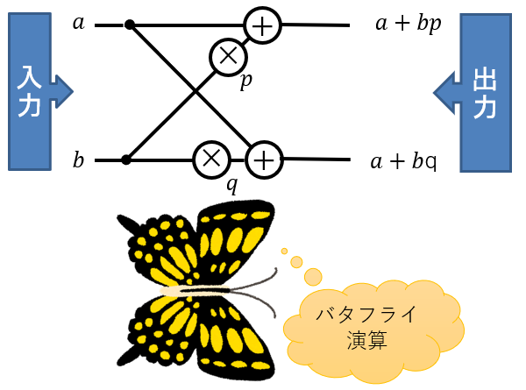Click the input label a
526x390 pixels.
point(79,23)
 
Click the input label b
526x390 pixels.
point(79,160)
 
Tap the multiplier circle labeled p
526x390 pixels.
point(227,57)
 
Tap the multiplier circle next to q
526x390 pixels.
point(210,159)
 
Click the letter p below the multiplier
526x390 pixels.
point(247,82)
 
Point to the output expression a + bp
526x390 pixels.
point(408,24)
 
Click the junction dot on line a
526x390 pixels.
point(130,25)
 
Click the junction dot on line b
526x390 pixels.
point(126,160)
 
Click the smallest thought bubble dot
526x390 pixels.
point(284,251)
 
